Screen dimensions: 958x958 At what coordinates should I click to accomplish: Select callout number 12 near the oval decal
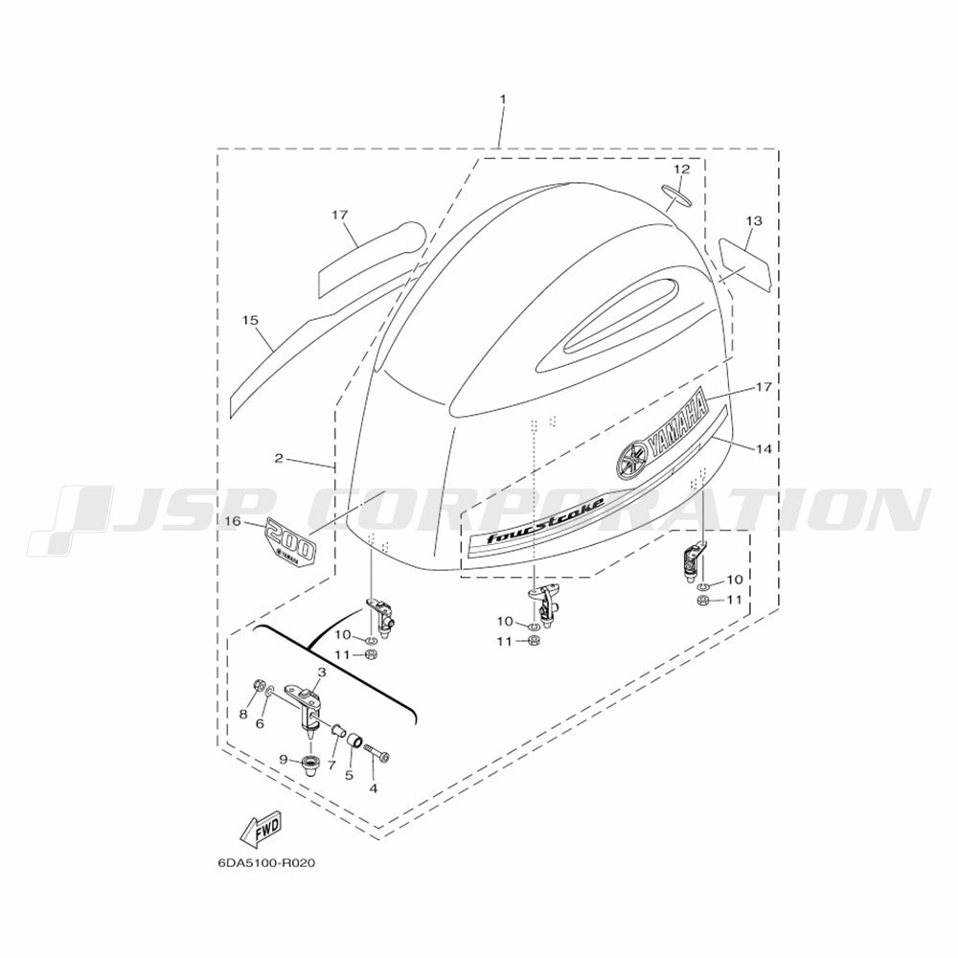(681, 170)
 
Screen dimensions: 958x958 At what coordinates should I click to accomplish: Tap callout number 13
(754, 220)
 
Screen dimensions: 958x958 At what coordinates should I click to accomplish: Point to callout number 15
(250, 320)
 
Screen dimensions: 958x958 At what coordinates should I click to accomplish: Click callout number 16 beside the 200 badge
(234, 521)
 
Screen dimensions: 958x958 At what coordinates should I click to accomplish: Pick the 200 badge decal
(290, 540)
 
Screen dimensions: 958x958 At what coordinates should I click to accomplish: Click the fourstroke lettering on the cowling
(546, 520)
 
